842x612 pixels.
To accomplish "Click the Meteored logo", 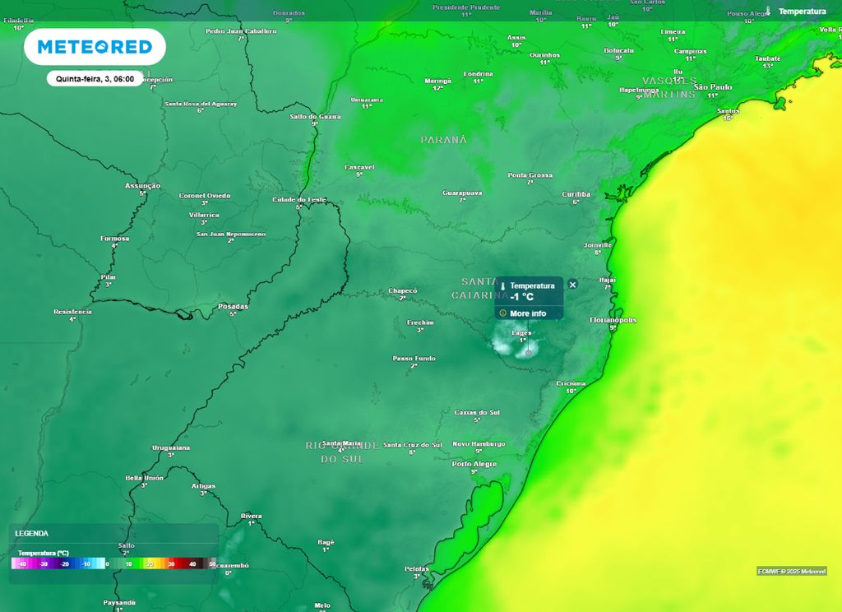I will (x=95, y=47).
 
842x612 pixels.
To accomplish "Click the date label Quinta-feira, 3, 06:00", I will (x=95, y=79).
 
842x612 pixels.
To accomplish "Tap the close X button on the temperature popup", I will (x=573, y=284).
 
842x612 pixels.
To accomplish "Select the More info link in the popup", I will (x=527, y=313).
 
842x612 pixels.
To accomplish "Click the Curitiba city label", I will (x=576, y=194).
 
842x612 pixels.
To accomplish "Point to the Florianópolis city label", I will (x=613, y=319).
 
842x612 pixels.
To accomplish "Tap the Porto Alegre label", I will (x=474, y=464).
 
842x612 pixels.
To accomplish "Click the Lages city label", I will (x=521, y=332).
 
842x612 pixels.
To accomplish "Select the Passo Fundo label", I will (x=414, y=358).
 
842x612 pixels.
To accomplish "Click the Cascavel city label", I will (x=359, y=167).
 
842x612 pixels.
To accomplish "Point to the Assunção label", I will (x=142, y=186).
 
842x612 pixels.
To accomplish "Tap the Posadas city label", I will (x=233, y=306).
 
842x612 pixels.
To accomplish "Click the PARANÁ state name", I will (x=443, y=140).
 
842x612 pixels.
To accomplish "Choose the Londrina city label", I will (x=478, y=74).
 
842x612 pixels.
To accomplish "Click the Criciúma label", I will (x=571, y=383).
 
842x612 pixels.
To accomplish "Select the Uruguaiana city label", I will (x=171, y=447).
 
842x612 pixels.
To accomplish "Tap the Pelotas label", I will (x=416, y=568).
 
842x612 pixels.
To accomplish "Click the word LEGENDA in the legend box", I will (x=31, y=533).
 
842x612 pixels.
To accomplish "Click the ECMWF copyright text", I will (x=792, y=571).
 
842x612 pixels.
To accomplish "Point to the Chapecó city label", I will (x=403, y=290).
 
